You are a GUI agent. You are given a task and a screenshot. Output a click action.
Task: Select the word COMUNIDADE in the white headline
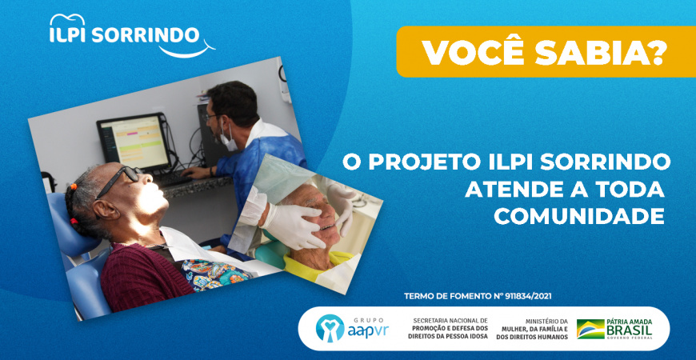tap(579, 216)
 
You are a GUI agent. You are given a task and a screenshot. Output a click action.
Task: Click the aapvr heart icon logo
tap(330, 328)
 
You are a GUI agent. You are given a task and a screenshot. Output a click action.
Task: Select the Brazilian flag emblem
tap(590, 329)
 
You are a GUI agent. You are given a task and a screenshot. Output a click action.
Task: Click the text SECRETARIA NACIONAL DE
tap(450, 320)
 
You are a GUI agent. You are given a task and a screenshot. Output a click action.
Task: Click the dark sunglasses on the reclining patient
tap(118, 179)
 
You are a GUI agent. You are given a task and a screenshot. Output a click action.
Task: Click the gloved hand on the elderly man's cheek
tap(293, 225)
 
